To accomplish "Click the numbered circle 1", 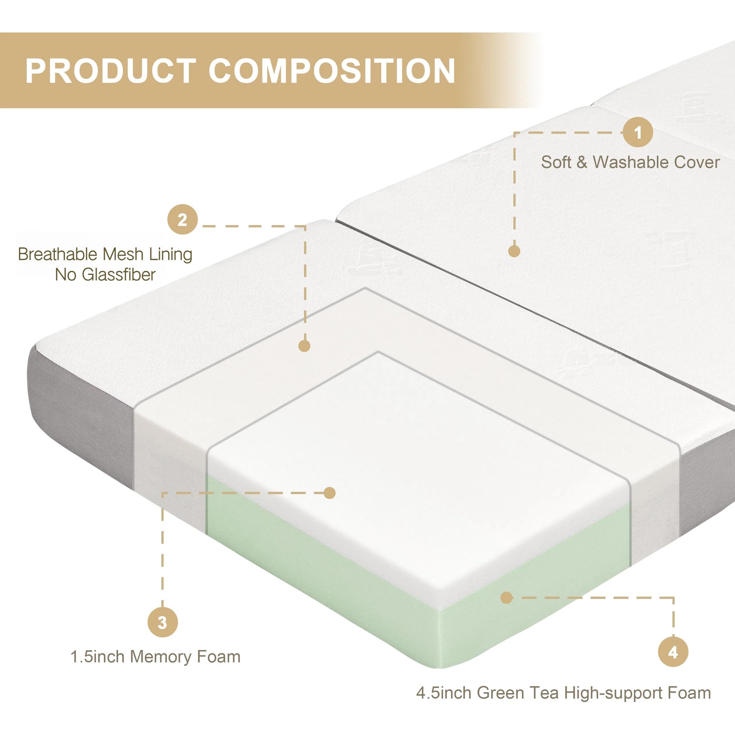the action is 638,133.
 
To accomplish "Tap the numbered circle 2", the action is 182,219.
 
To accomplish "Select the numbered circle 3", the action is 162,622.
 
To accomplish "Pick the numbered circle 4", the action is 673,652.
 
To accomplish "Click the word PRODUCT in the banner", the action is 111,71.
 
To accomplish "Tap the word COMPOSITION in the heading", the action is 332,71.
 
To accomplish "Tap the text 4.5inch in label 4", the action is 444,693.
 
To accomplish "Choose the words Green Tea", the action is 517,693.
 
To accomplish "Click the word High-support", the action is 614,693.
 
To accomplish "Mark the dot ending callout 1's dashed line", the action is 514,251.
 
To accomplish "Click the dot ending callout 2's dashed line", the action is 304,346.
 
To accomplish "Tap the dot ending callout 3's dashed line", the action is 329,493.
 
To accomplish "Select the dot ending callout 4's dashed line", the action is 506,598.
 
